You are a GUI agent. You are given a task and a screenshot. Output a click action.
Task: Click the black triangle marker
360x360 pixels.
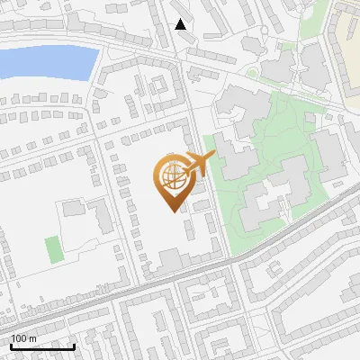point(181,24)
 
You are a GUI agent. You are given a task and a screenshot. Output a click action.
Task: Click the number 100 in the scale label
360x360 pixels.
point(19,338)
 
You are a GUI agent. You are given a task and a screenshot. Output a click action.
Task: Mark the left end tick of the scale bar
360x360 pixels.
point(11,346)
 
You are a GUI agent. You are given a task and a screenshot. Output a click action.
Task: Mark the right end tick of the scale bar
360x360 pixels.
point(74,346)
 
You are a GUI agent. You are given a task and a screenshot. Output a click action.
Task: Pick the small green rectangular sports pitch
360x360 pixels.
point(54,248)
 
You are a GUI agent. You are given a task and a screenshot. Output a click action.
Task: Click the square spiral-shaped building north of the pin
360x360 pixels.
point(157,86)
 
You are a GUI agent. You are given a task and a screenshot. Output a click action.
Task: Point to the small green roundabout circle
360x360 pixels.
point(253,72)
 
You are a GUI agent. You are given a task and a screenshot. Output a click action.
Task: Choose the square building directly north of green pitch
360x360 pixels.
point(71,210)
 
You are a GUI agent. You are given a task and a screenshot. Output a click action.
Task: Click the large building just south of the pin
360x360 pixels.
point(171,260)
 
